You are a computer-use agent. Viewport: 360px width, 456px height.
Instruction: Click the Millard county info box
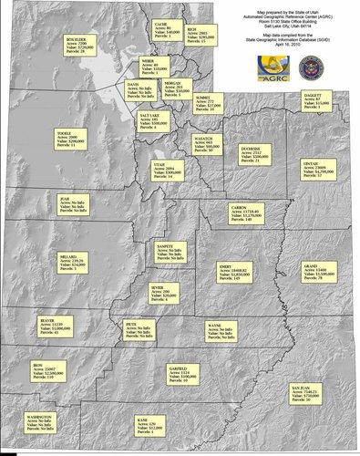point(76,264)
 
